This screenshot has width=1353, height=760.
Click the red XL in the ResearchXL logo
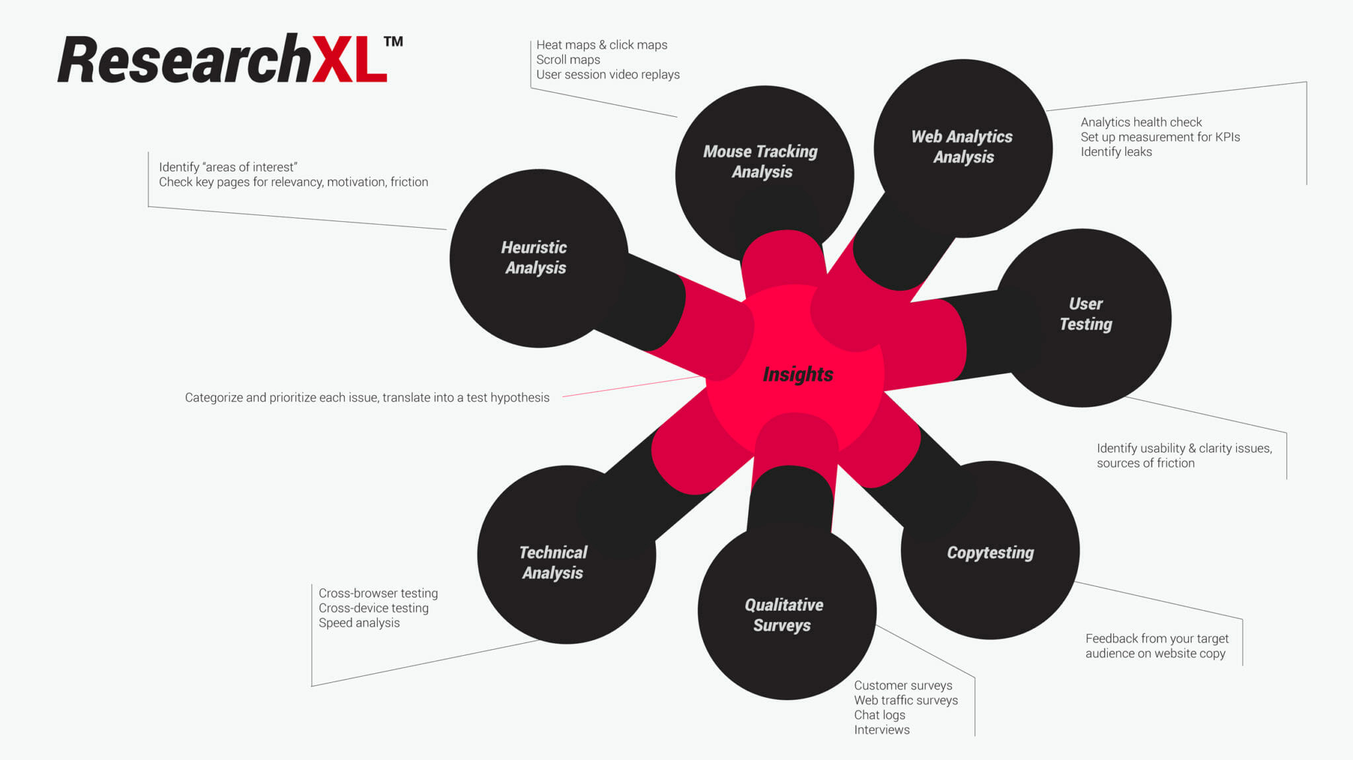[349, 60]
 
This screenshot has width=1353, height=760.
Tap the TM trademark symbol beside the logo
[393, 42]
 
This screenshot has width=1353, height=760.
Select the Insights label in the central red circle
[797, 374]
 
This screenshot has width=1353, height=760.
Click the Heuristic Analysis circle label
[534, 258]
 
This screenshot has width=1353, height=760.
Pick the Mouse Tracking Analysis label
[761, 162]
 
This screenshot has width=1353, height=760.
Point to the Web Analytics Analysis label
[962, 147]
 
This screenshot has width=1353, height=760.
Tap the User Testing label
[1085, 314]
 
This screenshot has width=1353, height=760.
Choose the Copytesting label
[990, 553]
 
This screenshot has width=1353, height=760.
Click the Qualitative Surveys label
[784, 615]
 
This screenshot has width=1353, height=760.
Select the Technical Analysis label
[553, 563]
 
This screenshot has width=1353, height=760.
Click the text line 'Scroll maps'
[568, 59]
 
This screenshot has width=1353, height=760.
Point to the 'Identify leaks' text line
[1116, 152]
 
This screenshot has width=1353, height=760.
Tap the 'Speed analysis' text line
[359, 623]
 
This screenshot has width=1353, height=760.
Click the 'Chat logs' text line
[879, 715]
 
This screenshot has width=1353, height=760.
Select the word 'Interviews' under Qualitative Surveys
[881, 730]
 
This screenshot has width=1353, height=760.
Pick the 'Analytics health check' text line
[1141, 122]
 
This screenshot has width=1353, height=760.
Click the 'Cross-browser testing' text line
[378, 593]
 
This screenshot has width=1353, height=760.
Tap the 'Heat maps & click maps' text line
[601, 45]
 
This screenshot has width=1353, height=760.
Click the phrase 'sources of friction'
[1146, 463]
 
